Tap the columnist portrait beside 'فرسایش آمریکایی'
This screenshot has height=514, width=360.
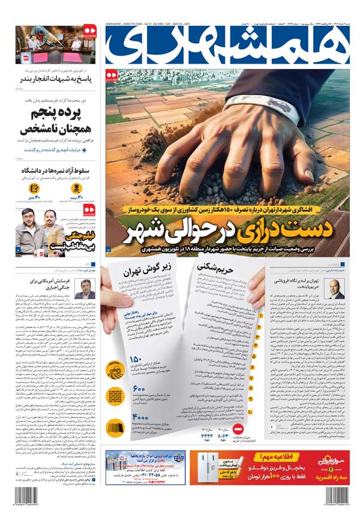(x=85, y=287)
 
